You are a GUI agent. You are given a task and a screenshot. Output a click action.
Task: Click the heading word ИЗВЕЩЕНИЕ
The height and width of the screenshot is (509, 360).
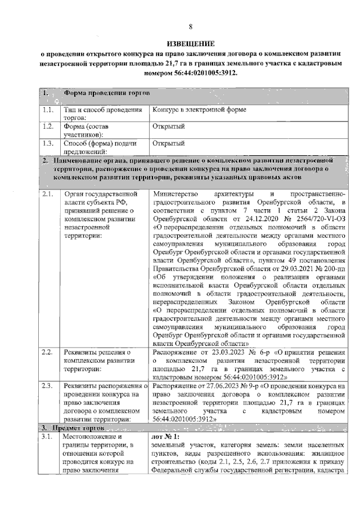190,44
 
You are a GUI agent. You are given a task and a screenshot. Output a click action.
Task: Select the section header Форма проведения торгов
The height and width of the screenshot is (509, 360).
106,93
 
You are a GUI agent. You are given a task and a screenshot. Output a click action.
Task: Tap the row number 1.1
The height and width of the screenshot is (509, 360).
47,110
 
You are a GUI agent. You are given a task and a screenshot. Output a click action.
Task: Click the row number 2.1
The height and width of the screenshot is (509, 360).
47,195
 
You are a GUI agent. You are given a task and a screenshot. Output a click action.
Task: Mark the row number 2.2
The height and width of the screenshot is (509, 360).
47,352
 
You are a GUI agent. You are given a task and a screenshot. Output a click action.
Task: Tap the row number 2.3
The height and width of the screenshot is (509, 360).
47,386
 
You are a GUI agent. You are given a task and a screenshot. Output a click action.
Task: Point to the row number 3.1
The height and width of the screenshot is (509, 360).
47,437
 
